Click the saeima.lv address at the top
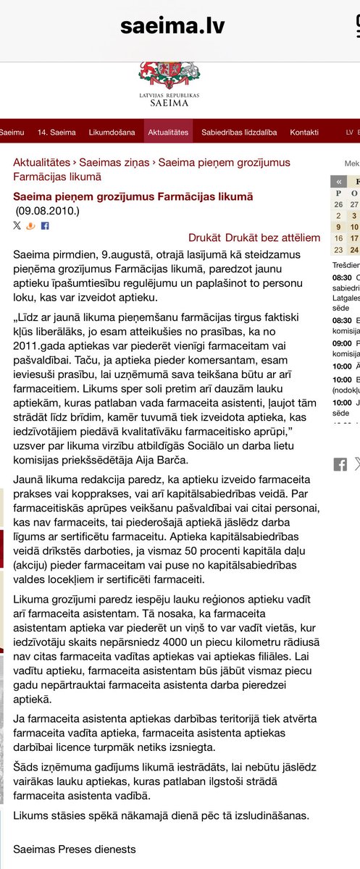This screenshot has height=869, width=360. tap(172, 27)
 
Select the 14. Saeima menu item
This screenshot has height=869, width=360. tap(56, 133)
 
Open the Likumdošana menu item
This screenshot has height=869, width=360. tap(112, 133)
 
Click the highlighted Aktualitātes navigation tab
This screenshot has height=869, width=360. tap(168, 133)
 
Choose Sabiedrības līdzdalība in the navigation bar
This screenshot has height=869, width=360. tap(239, 133)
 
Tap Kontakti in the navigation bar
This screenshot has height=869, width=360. tap(304, 133)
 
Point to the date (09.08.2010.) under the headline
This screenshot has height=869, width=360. tap(47, 211)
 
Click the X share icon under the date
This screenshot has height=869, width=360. tap(17, 226)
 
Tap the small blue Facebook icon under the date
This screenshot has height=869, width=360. tap(45, 226)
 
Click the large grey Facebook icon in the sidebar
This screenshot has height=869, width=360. tap(340, 465)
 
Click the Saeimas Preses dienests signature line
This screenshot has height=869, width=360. tap(75, 849)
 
